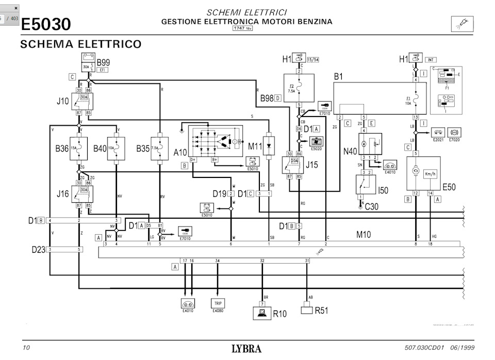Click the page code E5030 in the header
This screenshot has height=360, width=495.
click(x=46, y=24)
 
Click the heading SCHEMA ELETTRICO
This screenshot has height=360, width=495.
click(x=80, y=44)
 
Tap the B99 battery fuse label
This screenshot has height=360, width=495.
click(x=103, y=62)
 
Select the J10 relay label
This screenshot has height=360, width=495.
click(x=62, y=102)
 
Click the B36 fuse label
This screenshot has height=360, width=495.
click(x=62, y=149)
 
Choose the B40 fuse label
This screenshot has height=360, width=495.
click(x=100, y=149)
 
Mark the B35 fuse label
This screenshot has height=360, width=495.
click(x=143, y=149)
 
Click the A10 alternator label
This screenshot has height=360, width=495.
click(x=180, y=152)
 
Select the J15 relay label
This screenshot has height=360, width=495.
click(x=312, y=165)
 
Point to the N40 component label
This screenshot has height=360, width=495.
click(x=351, y=152)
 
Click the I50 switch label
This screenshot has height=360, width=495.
click(x=383, y=191)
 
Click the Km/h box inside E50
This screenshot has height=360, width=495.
click(x=431, y=174)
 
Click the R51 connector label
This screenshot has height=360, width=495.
click(x=322, y=310)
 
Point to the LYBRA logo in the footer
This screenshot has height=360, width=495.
click(x=246, y=349)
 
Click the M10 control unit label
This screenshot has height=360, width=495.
click(x=364, y=235)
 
